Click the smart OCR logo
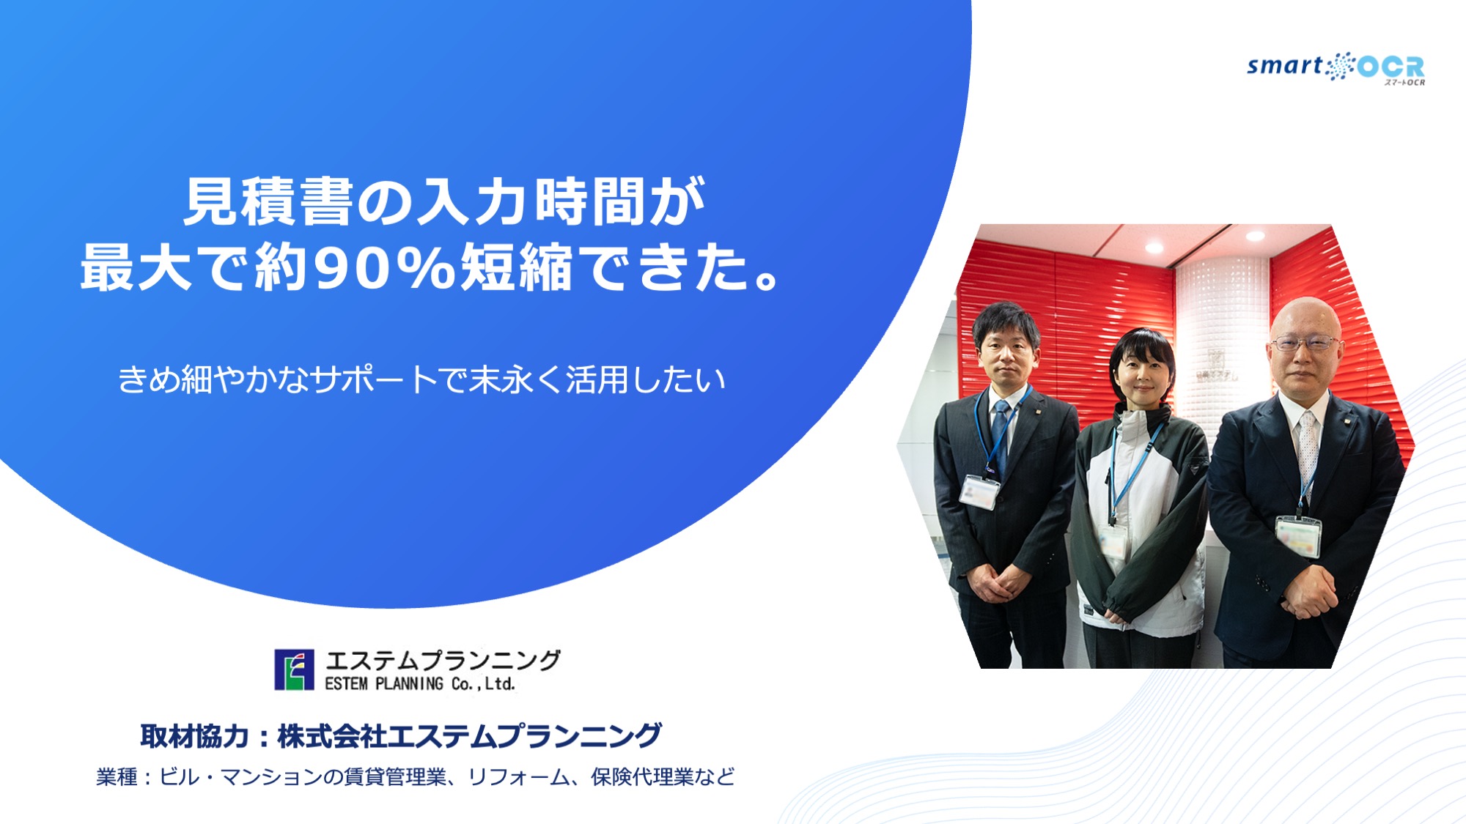[x=1336, y=68]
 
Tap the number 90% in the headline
[x=385, y=268]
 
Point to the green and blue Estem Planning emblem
[x=294, y=669]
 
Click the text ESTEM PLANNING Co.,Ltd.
[x=420, y=683]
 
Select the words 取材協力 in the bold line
[x=194, y=735]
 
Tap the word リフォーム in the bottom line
[x=518, y=776]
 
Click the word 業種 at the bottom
[x=117, y=776]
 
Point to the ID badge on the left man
[x=979, y=491]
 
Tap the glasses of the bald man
[x=1305, y=343]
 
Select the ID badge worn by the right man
[x=1298, y=535]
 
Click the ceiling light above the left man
[x=1154, y=248]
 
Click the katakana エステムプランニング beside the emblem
[x=443, y=661]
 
